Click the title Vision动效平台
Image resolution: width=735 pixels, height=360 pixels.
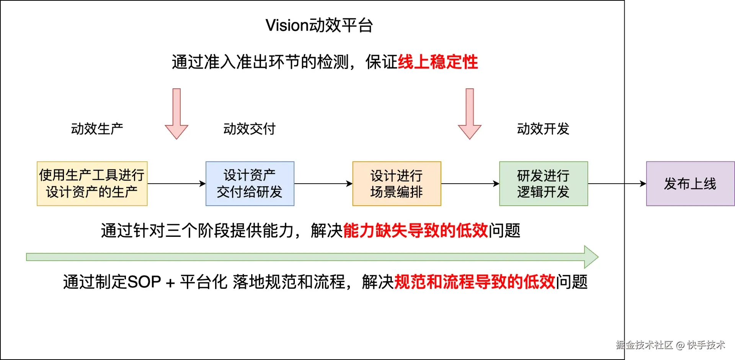pos(319,25)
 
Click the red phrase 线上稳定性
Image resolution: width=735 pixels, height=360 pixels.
pos(438,62)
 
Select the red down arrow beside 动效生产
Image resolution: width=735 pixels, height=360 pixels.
pos(176,114)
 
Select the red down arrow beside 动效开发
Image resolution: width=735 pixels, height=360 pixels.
pos(470,114)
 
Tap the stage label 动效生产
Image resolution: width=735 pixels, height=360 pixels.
pos(97,129)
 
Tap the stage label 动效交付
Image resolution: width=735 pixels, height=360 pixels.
pos(249,129)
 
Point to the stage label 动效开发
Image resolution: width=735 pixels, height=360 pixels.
pos(543,129)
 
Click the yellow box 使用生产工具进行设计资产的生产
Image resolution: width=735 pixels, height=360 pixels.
pos(92,184)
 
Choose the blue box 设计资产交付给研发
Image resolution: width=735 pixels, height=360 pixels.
pos(250,184)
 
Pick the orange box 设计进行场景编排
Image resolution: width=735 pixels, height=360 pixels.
pos(397,184)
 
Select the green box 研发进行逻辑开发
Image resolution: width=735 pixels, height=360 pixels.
pos(543,184)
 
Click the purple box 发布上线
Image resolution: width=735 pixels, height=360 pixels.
pos(690,184)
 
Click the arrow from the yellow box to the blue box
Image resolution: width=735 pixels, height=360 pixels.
pos(176,184)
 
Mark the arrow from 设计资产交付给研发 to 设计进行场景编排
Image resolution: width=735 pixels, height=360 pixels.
pos(323,184)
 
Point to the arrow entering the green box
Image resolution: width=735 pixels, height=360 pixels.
pos(470,184)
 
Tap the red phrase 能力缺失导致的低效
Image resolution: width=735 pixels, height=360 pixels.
pos(415,231)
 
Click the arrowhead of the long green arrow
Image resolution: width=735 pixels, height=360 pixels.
pos(591,257)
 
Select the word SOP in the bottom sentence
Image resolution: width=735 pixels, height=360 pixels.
pos(144,282)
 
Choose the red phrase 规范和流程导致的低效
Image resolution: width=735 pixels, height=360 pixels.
pos(475,282)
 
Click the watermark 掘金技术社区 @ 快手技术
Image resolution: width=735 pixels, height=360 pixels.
pos(671,345)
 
